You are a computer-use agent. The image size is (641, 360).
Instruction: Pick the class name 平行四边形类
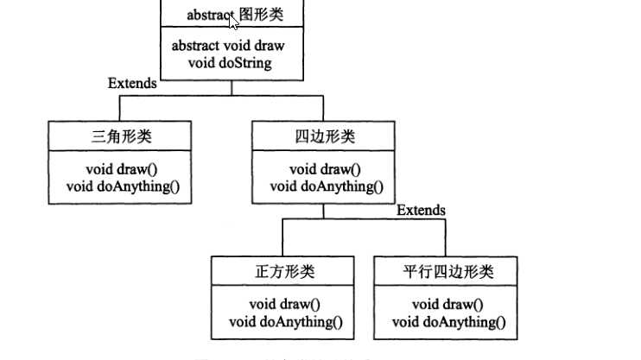coord(447,272)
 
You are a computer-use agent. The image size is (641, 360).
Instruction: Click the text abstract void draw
coord(228,46)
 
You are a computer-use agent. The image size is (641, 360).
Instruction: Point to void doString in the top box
coord(229,63)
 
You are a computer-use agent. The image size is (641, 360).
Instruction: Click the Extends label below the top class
coord(132,84)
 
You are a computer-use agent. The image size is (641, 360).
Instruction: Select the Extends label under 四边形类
coord(422,210)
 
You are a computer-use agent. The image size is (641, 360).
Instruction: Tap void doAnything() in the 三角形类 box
coord(127,186)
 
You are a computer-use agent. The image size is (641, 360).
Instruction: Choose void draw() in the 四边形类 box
coord(325,168)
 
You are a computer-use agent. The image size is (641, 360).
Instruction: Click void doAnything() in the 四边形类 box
coord(326,186)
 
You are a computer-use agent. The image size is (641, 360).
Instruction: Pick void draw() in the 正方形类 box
coord(285,304)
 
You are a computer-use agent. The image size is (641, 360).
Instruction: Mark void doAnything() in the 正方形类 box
coord(286,322)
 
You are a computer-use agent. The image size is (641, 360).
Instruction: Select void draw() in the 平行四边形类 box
coord(447,304)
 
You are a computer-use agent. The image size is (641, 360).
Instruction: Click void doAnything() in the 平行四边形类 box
coord(447,322)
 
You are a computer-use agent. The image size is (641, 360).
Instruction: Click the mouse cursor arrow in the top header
coord(233,23)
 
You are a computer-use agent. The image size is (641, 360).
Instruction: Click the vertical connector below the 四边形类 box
coord(323,212)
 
